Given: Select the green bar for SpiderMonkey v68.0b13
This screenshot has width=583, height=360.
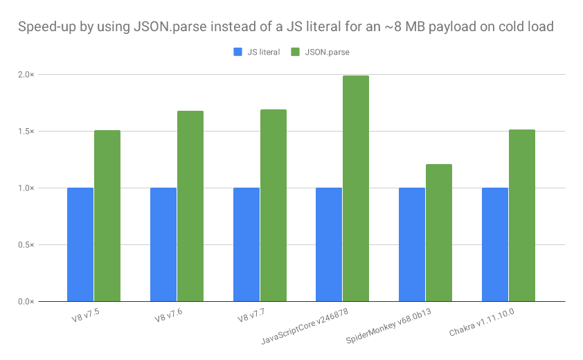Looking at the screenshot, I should [439, 233].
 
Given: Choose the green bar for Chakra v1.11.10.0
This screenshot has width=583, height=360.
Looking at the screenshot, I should [522, 215].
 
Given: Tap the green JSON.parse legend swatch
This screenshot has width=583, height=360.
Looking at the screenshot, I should [295, 52].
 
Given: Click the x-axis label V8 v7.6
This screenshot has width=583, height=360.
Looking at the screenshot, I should [170, 318].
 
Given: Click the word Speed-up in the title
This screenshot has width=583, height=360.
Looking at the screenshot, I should [42, 28].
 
